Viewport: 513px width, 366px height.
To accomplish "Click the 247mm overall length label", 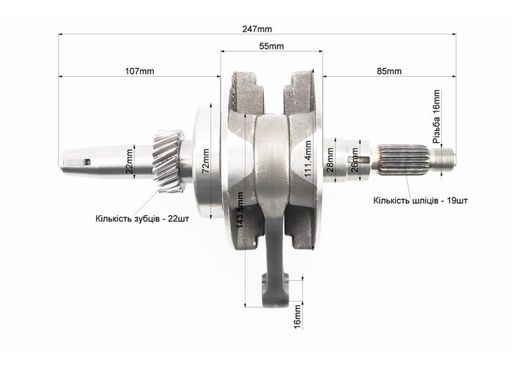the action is [x=256, y=29].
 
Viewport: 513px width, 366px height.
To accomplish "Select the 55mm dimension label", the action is [x=272, y=46].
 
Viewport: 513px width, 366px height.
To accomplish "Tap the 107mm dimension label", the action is [x=139, y=71].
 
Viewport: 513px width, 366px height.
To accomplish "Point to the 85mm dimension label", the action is [x=389, y=71].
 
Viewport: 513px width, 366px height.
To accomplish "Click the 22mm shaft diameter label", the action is [x=130, y=161].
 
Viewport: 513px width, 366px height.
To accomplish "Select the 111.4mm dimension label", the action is [x=308, y=159].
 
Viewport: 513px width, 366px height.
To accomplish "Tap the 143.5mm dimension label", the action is [x=240, y=211].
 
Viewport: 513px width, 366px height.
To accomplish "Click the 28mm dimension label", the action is [x=330, y=160].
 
